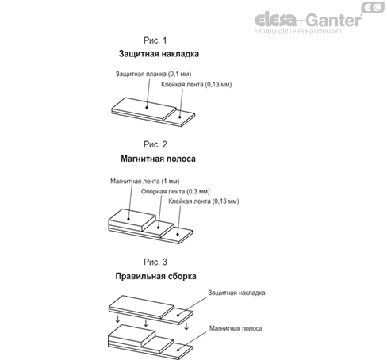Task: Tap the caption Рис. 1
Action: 155,40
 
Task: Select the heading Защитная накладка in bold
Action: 159,54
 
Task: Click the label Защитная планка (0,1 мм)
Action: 153,74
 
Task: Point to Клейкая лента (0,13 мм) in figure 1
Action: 197,84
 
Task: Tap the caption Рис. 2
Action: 155,144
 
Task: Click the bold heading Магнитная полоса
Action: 158,159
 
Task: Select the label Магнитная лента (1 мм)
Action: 145,182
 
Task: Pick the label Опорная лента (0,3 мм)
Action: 175,191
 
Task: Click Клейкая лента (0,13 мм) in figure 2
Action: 204,201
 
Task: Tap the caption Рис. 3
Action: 155,262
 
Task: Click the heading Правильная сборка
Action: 155,276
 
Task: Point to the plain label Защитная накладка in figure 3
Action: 236,293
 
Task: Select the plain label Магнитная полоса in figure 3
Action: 236,328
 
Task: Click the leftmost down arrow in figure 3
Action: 117,319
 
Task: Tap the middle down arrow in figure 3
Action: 146,323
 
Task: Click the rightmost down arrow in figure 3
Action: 186,326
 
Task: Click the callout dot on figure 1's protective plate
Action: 147,107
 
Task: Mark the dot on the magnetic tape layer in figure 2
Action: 128,219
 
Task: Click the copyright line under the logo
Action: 298,31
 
